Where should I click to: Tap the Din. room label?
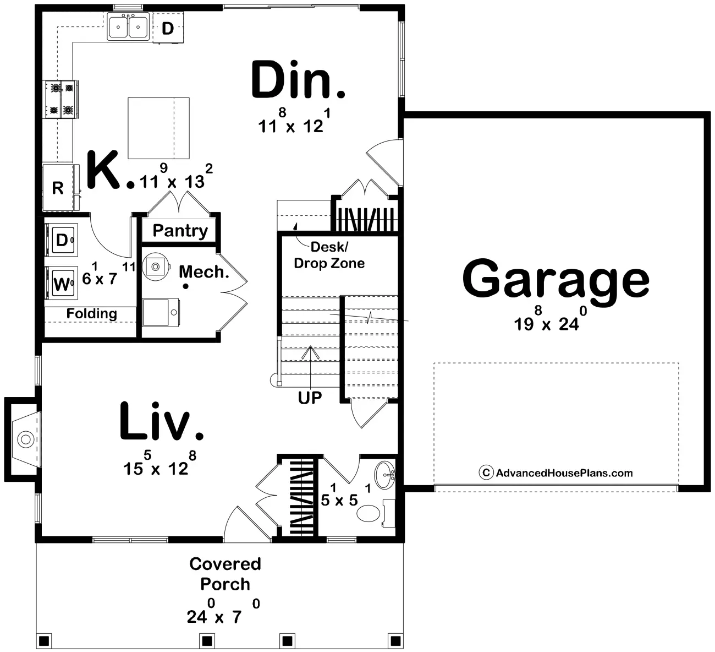pos(298,80)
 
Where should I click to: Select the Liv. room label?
pos(161,421)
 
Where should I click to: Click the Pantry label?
pos(180,231)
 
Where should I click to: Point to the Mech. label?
pos(204,272)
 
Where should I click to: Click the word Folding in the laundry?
pos(92,313)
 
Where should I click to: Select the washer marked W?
pos(61,283)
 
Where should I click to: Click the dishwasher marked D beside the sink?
pos(168,28)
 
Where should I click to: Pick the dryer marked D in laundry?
pos(61,240)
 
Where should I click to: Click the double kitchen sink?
pos(128,26)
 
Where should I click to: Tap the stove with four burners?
pos(61,99)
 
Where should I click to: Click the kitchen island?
pos(158,128)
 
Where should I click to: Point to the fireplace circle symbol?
pos(26,439)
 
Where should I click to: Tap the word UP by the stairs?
pos(310,398)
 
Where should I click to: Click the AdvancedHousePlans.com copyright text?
pos(556,473)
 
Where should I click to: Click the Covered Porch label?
pos(226,574)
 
